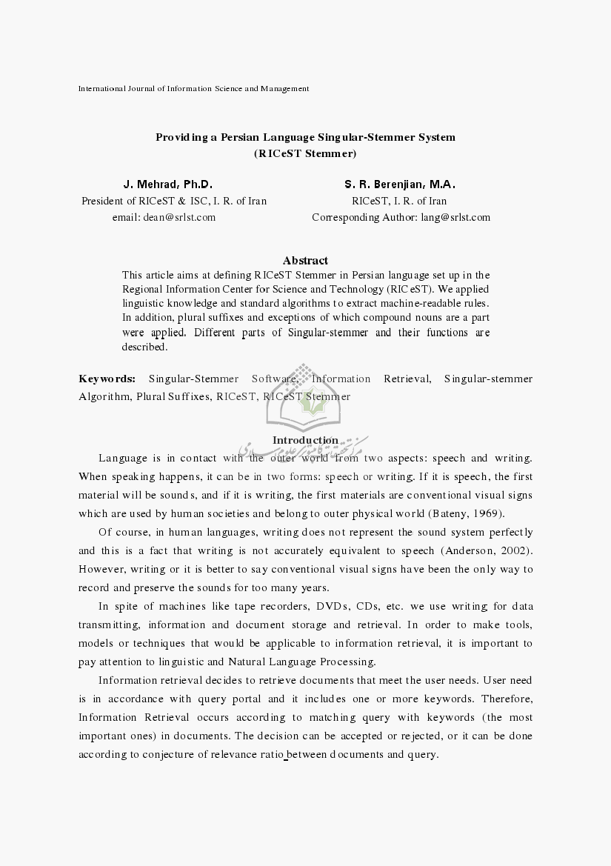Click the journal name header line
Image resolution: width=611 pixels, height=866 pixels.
click(193, 89)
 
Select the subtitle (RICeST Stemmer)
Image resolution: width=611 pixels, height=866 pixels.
click(304, 154)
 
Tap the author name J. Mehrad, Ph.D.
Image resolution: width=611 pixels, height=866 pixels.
click(167, 184)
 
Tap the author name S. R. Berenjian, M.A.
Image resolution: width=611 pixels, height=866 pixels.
click(399, 184)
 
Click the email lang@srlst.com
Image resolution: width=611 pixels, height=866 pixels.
click(455, 217)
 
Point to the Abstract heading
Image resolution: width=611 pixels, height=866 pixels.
click(305, 260)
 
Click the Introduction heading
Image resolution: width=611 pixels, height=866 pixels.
click(305, 440)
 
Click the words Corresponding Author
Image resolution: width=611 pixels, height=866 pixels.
click(364, 217)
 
